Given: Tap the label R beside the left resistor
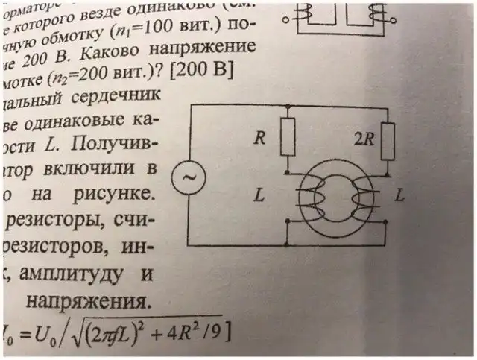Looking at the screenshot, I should tap(261, 138).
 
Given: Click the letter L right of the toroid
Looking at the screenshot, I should tap(399, 197).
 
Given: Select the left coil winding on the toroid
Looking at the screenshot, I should tap(307, 202).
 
